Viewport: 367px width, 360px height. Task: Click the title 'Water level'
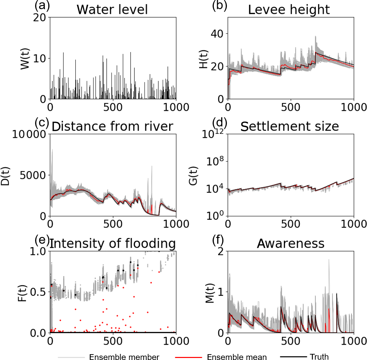pos(112,9)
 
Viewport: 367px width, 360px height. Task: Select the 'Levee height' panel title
pos(289,9)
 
